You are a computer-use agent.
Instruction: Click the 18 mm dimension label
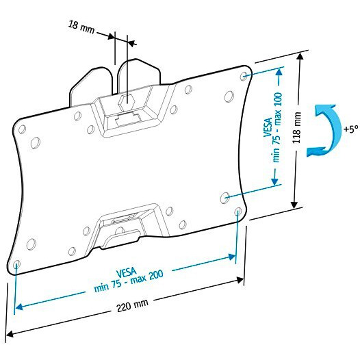tap(81, 27)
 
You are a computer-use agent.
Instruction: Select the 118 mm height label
tap(296, 128)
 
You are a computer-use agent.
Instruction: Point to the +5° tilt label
tap(351, 129)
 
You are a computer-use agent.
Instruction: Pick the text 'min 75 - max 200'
tap(129, 281)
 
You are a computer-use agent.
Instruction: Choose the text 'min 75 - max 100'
tap(277, 127)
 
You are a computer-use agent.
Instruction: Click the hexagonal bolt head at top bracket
tap(126, 102)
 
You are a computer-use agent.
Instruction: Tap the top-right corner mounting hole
tap(244, 76)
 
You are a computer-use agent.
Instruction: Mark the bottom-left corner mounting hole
tap(16, 264)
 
